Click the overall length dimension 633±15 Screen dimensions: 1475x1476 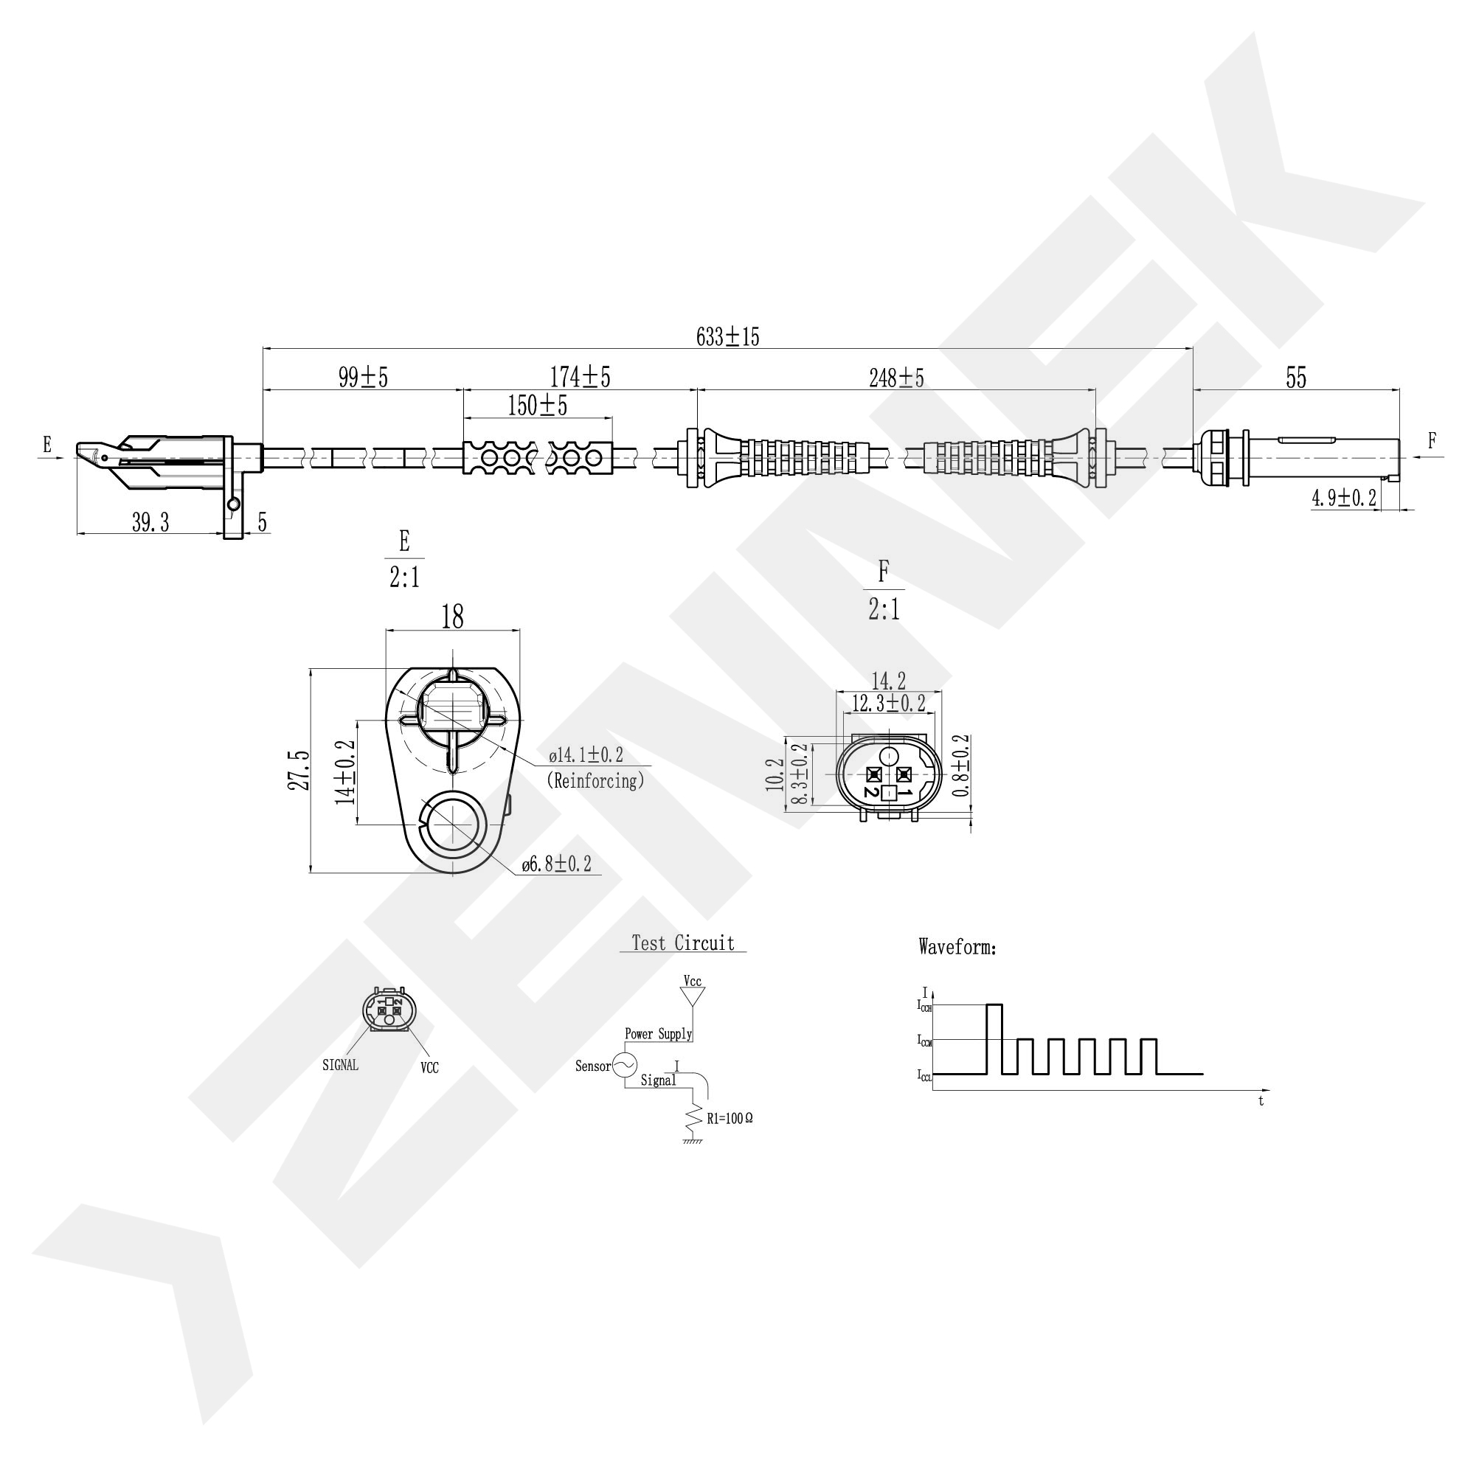pyautogui.click(x=727, y=337)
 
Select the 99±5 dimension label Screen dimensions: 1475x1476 pyautogui.click(x=363, y=378)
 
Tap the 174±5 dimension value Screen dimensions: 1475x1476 pyautogui.click(x=580, y=378)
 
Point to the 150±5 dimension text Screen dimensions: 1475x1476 pyautogui.click(x=537, y=406)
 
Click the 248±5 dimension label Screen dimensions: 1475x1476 pyautogui.click(x=896, y=378)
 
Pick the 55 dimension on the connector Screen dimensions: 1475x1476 pyautogui.click(x=1296, y=378)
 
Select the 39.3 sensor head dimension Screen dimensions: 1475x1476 pyautogui.click(x=150, y=523)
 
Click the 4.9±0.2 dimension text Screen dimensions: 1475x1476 pyautogui.click(x=1344, y=499)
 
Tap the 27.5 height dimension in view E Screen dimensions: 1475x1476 pyautogui.click(x=299, y=770)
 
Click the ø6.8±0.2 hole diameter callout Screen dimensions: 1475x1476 pyautogui.click(x=556, y=864)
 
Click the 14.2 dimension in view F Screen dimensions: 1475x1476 pyautogui.click(x=888, y=681)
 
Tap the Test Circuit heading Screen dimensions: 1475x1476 pyautogui.click(x=683, y=943)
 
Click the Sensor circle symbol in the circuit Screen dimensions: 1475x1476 pyautogui.click(x=625, y=1065)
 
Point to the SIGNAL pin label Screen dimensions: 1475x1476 pyautogui.click(x=340, y=1065)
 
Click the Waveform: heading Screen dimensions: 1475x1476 pyautogui.click(x=957, y=948)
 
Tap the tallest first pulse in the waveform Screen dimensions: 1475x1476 pyautogui.click(x=994, y=1039)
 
